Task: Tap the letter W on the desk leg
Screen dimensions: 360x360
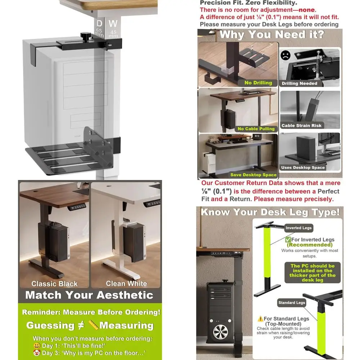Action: (113, 24)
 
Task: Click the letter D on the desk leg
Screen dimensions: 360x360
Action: (99, 24)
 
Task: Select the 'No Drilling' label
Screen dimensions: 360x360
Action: (258, 83)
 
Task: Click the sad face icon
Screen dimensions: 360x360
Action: (285, 55)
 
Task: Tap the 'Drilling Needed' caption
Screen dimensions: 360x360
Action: (300, 84)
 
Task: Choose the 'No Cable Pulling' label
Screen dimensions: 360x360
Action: (256, 129)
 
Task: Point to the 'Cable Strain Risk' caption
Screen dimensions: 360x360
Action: (301, 126)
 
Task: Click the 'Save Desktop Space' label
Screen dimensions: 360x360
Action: (253, 175)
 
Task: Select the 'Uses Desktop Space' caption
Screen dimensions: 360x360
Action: (303, 168)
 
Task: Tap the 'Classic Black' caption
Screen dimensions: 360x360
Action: (54, 284)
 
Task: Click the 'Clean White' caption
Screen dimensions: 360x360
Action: (126, 284)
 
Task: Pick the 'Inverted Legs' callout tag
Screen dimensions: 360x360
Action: (298, 228)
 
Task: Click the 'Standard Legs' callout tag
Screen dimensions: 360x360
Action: (292, 303)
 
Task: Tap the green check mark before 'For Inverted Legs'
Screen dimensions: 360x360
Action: (288, 239)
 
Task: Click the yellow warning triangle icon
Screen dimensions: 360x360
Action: (260, 319)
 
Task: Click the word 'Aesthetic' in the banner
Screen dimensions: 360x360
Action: (125, 296)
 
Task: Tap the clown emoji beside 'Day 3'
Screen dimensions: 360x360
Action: (37, 353)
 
